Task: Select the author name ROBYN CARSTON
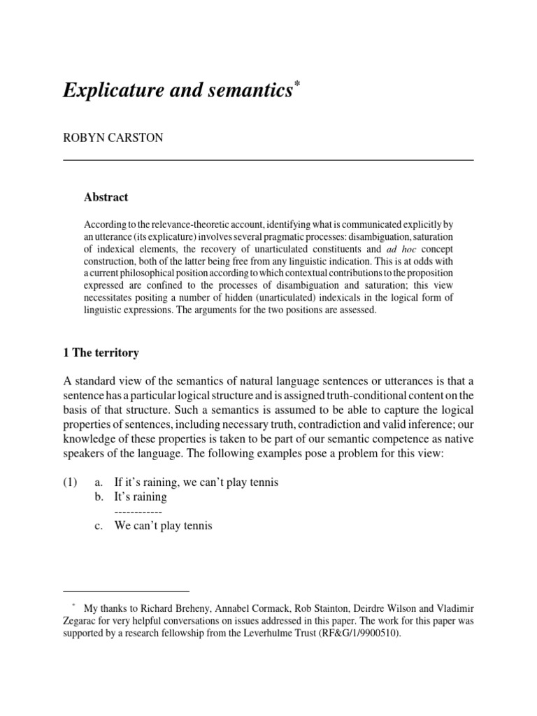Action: click(113, 138)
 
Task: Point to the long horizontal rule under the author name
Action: click(268, 160)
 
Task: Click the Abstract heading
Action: click(106, 197)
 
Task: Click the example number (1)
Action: click(72, 482)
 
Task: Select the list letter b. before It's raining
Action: click(99, 497)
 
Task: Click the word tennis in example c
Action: click(196, 526)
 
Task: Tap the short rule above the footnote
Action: click(126, 590)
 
